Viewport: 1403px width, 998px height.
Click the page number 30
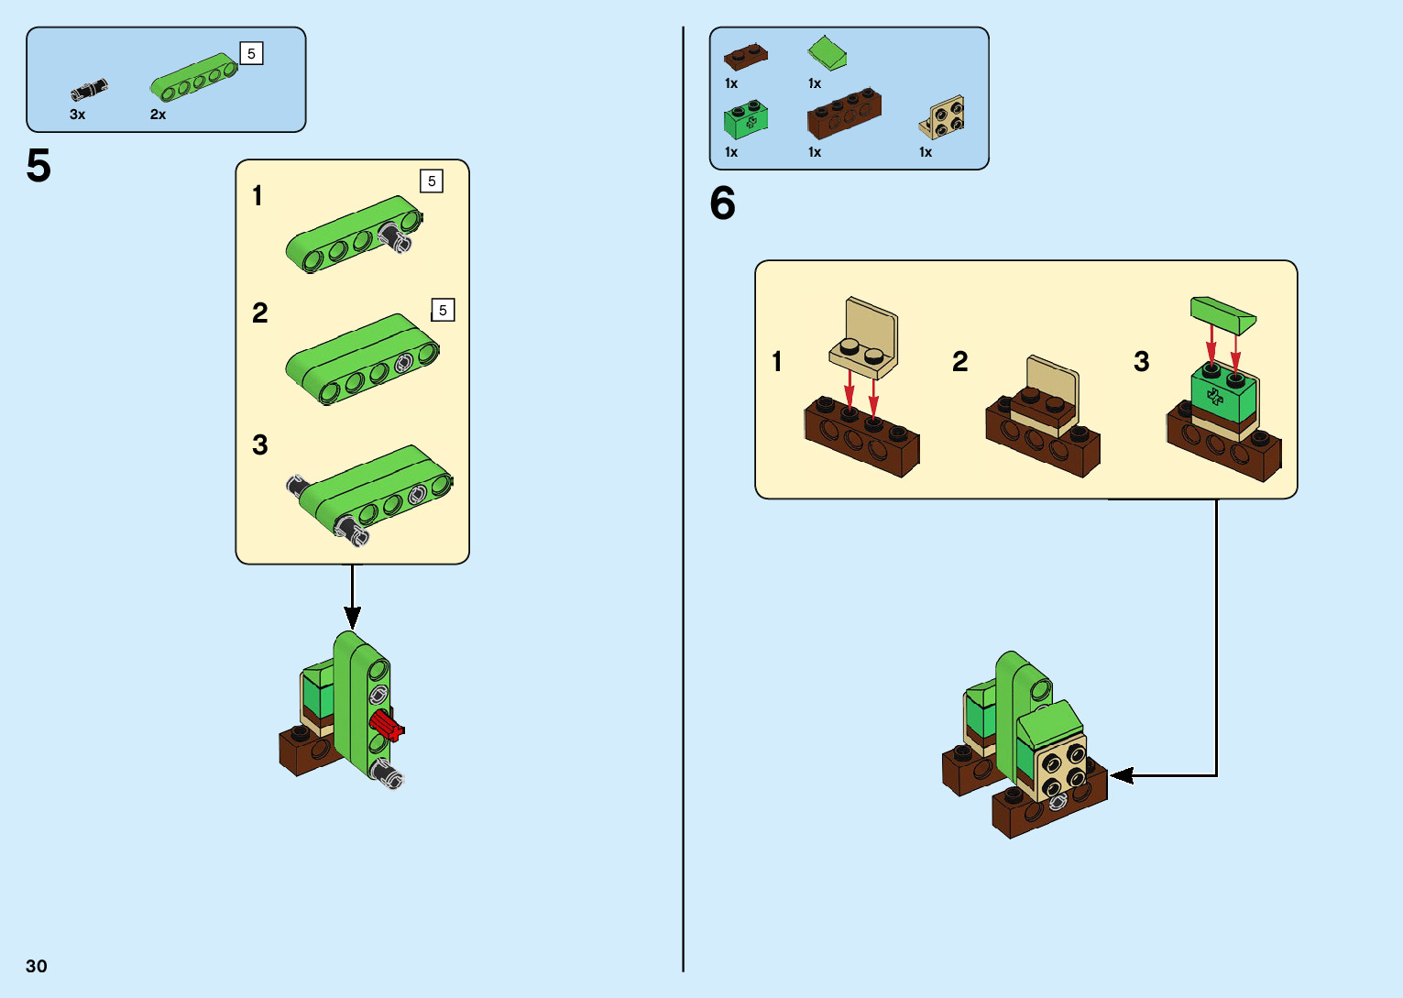click(37, 966)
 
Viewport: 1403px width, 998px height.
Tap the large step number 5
click(38, 167)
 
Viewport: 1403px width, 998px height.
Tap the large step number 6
click(722, 203)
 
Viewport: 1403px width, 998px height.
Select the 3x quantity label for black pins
click(78, 115)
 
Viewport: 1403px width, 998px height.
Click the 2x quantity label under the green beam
click(158, 115)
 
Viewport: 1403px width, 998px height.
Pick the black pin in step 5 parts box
click(89, 90)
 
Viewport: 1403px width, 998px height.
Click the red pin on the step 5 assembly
click(388, 727)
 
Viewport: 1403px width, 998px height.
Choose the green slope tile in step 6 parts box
click(828, 53)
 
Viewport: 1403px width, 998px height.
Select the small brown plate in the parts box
click(745, 57)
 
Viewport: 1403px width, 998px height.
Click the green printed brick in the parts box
click(745, 120)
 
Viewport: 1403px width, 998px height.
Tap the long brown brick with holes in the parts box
click(844, 113)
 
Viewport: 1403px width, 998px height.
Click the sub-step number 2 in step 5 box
click(260, 313)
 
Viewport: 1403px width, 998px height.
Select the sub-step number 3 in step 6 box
click(1141, 361)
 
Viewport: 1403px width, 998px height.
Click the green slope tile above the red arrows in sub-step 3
click(1222, 314)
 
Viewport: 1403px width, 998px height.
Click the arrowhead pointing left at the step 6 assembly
click(1121, 775)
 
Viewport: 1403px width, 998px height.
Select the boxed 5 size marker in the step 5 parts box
click(251, 54)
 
